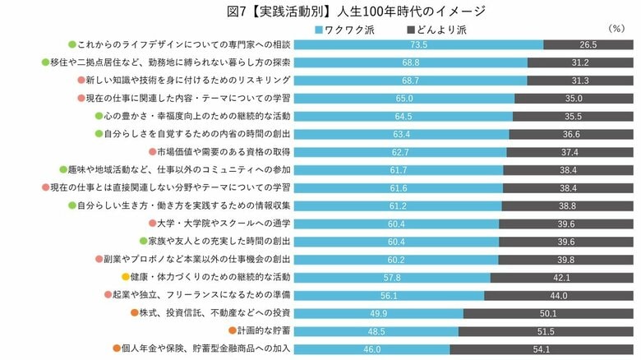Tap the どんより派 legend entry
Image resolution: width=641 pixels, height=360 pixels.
tap(442, 30)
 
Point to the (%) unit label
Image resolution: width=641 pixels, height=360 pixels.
tap(616, 29)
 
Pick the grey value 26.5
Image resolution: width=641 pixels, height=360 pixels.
tap(588, 44)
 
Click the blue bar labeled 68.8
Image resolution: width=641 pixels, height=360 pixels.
tap(411, 62)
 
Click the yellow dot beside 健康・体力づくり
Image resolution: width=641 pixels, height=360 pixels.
tap(126, 277)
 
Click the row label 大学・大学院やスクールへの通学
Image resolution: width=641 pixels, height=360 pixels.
tap(224, 224)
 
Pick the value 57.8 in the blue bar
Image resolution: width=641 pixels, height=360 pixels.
tap(393, 277)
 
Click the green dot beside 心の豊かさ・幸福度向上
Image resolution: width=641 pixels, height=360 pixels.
tap(99, 116)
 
